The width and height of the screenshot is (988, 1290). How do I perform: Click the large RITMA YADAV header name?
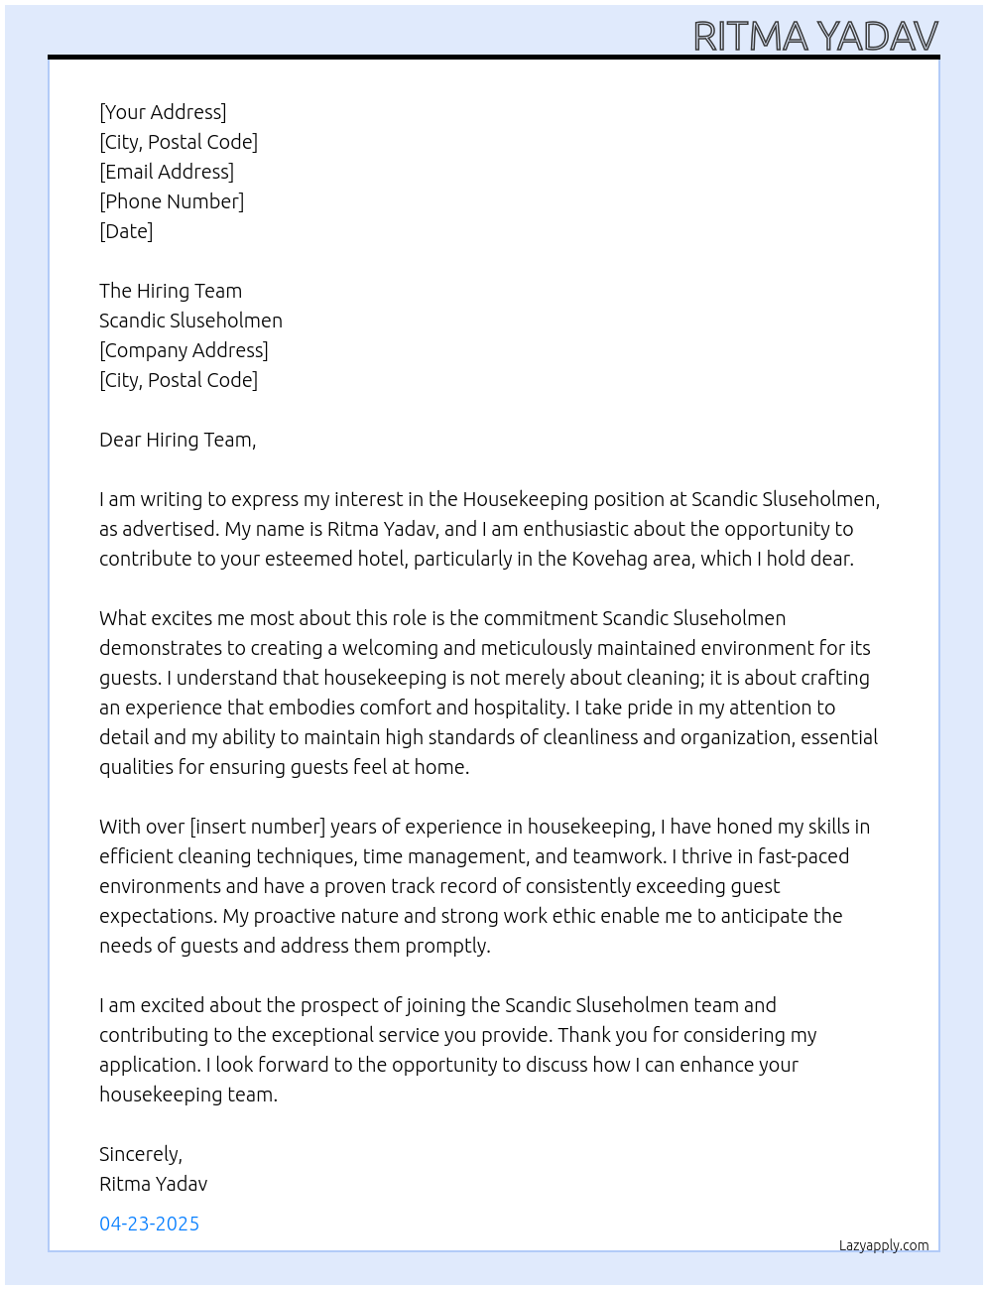814,37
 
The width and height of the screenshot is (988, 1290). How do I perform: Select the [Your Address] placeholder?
163,112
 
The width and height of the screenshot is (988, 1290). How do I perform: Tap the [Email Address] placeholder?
167,172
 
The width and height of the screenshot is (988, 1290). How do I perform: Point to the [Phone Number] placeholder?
172,201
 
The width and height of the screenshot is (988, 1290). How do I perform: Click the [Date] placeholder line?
126,231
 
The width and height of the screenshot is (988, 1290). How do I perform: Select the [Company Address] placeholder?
184,350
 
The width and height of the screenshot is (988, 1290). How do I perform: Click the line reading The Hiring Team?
171,291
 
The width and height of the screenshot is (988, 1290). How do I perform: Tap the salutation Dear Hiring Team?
178,440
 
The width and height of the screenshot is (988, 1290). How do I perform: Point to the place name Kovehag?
609,559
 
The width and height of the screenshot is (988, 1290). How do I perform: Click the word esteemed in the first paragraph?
360,559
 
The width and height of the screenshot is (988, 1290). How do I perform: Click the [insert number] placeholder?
257,827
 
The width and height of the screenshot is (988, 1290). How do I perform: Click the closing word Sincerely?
140,1154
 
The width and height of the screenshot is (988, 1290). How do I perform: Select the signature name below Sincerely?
153,1184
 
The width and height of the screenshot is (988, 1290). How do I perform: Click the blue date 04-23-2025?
149,1224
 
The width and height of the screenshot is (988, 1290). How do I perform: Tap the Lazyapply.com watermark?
883,1245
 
